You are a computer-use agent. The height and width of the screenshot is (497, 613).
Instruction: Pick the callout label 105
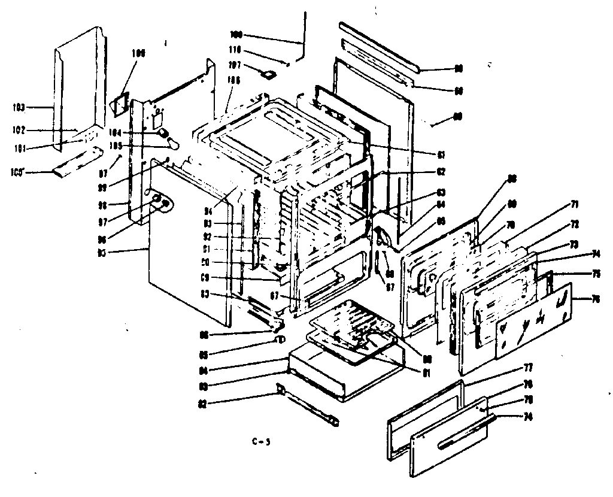[141, 144]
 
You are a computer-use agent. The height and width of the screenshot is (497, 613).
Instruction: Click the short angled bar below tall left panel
[72, 168]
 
